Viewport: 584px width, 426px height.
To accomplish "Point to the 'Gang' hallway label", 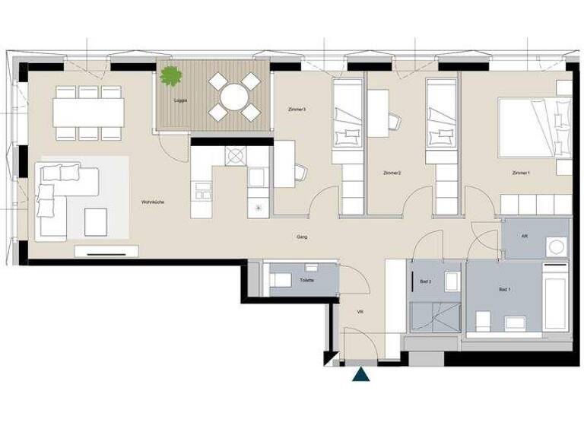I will (302, 237).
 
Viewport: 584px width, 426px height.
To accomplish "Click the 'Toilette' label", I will (306, 280).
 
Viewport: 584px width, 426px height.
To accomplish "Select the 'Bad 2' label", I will (426, 281).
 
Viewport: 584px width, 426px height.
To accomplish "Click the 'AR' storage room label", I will (525, 236).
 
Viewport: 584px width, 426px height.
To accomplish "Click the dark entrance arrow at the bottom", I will (359, 374).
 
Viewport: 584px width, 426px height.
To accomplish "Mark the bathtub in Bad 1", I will (556, 297).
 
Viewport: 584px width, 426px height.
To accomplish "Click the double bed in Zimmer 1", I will (532, 126).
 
